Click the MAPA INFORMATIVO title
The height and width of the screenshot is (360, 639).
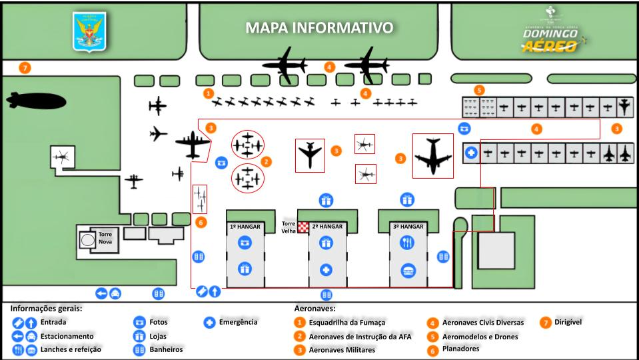319,28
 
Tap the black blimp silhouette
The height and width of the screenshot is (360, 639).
36,101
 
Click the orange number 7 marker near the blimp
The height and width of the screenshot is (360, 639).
25,68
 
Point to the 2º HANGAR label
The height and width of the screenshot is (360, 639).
327,227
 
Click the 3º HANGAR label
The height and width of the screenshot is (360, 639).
408,227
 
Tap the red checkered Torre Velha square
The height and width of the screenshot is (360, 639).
303,227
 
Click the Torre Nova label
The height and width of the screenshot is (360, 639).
106,239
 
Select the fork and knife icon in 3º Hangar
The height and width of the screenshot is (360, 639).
408,243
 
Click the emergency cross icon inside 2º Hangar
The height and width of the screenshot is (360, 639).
326,270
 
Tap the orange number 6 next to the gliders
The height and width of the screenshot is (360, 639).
201,222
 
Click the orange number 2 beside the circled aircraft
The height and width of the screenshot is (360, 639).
266,161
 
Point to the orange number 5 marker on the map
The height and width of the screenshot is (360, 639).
479,90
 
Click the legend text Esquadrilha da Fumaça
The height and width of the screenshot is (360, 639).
346,323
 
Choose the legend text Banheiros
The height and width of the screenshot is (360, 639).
166,349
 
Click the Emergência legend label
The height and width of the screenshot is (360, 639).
238,323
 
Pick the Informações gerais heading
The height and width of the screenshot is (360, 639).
45,309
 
